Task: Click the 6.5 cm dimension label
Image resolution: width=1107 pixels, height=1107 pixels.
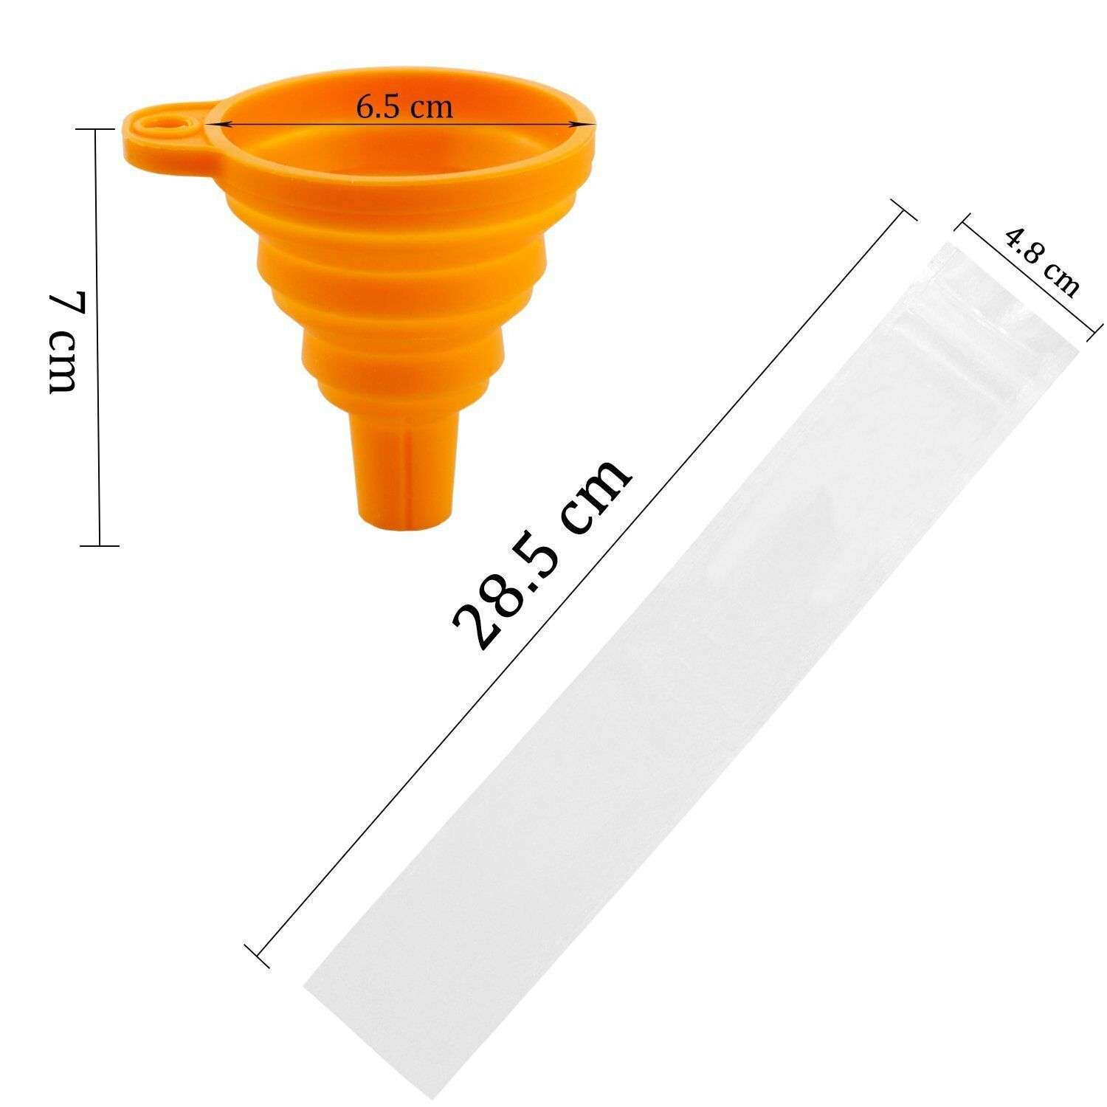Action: (404, 108)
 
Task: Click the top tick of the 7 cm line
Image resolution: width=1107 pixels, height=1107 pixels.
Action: (97, 129)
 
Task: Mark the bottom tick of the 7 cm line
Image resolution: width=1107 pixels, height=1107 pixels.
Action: (99, 546)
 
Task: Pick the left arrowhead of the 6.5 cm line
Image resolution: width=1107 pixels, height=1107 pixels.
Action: (210, 125)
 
